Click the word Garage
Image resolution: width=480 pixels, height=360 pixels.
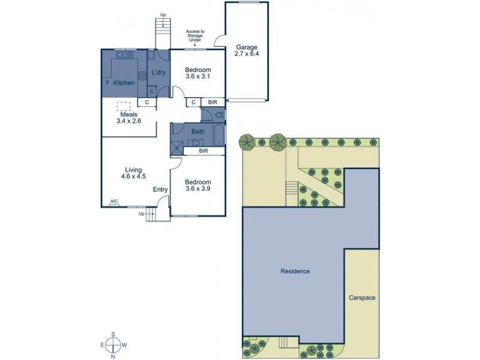(x=246, y=46)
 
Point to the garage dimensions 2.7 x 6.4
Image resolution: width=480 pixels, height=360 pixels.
(x=246, y=53)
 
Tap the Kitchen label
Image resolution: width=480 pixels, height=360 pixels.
(x=124, y=83)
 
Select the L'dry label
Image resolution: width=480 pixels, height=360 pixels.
(x=158, y=73)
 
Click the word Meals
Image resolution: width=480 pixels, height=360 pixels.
(x=128, y=114)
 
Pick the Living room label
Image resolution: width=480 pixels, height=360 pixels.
(x=133, y=169)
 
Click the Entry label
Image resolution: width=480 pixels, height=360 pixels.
(x=160, y=190)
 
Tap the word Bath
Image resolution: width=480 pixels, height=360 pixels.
(x=198, y=131)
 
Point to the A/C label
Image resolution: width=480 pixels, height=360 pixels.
(x=113, y=202)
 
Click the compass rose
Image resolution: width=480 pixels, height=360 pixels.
(x=112, y=345)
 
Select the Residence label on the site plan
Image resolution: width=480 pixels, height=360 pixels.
(x=295, y=271)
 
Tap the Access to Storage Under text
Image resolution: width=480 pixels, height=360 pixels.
(x=195, y=37)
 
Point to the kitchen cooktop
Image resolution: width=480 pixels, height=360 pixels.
(x=143, y=76)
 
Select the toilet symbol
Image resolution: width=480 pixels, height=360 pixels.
(x=220, y=114)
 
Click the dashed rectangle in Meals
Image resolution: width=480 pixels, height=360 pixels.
(x=124, y=106)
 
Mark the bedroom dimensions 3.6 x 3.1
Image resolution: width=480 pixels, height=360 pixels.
(x=198, y=77)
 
